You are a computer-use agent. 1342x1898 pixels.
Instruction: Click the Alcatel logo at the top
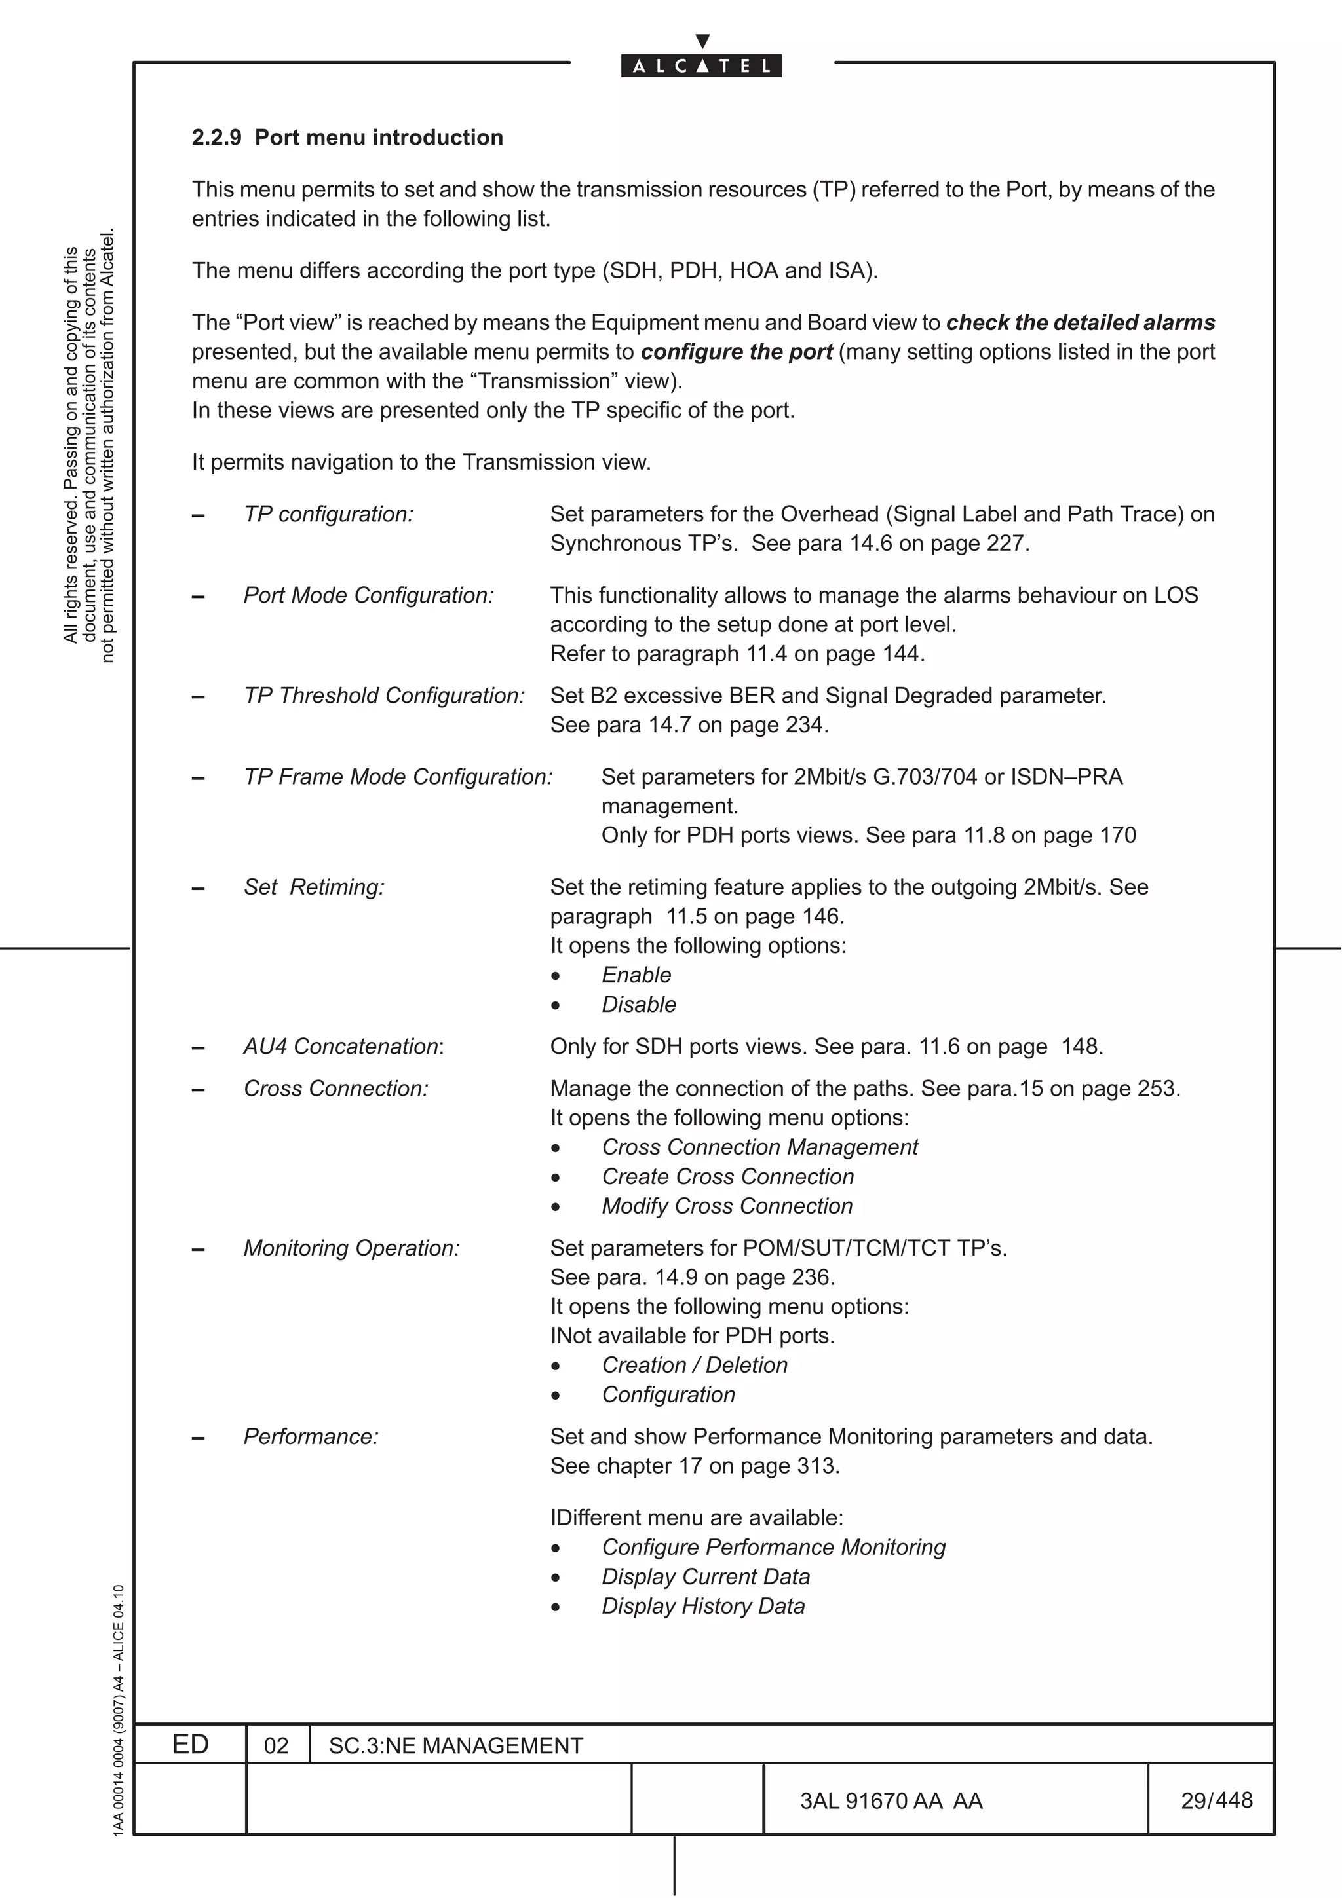point(701,65)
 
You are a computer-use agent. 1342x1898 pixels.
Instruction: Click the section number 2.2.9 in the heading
point(217,138)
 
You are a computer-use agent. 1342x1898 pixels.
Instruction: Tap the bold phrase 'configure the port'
point(736,352)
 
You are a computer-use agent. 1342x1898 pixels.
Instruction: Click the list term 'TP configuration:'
point(328,514)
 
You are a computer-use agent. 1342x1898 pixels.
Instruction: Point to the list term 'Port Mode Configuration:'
point(368,595)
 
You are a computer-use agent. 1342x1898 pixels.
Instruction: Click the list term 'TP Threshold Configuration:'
point(384,696)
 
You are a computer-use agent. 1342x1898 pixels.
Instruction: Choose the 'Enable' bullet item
point(636,975)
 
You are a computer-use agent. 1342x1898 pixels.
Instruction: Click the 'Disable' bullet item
point(638,1005)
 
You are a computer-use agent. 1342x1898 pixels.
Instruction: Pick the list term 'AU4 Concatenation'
point(341,1047)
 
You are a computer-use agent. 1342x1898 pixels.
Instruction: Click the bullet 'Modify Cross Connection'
point(727,1206)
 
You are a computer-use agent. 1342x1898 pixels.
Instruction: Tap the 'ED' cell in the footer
point(190,1744)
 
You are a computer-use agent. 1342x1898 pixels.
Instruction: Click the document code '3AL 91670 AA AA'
point(891,1800)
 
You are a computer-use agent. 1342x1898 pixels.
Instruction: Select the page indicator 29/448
point(1216,1800)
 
